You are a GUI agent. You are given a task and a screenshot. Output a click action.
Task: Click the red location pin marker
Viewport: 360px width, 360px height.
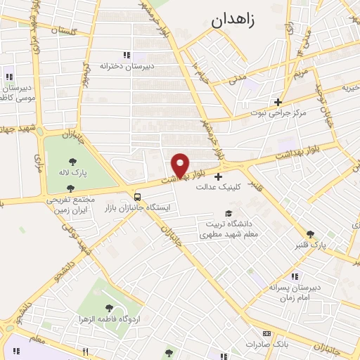(181, 165)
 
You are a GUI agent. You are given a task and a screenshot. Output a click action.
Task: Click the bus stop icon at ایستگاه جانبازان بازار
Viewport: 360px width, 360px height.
(137, 197)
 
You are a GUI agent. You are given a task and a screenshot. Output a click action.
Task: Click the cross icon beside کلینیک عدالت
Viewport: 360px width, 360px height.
(218, 176)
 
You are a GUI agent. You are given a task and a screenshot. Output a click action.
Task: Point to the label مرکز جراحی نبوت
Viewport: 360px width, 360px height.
(278, 112)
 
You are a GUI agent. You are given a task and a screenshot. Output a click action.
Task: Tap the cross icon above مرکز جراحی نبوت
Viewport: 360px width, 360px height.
(278, 102)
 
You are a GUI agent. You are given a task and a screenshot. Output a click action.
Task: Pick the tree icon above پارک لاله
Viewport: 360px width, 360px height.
(72, 160)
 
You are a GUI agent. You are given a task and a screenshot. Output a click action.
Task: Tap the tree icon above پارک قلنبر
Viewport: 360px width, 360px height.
(310, 234)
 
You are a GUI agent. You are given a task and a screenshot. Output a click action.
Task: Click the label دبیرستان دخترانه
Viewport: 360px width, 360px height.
(127, 65)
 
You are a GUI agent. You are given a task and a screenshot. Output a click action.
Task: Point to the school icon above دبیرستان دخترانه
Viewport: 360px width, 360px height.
(127, 55)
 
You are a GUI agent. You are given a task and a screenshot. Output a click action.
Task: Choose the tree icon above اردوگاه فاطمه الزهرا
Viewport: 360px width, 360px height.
(108, 308)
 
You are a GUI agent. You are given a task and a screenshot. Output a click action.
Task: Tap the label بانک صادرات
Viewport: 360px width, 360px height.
(264, 345)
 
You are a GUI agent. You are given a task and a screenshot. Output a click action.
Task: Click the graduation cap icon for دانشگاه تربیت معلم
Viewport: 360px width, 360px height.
(227, 213)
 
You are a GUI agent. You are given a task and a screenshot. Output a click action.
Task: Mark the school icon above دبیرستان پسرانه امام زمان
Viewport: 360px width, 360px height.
(294, 276)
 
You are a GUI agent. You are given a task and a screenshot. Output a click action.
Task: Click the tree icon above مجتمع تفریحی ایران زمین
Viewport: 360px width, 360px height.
(70, 188)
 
